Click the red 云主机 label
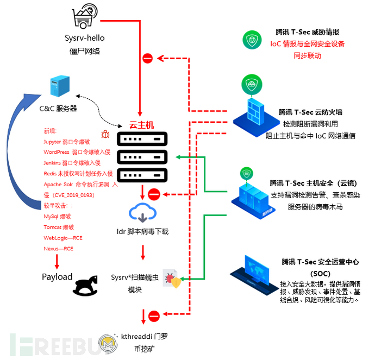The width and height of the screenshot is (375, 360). tap(141, 125)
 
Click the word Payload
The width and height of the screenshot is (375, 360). tap(57, 277)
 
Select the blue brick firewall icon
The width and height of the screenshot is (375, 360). tap(254, 109)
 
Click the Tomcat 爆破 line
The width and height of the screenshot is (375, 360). tap(59, 227)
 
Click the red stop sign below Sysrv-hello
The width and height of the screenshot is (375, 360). tap(148, 58)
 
